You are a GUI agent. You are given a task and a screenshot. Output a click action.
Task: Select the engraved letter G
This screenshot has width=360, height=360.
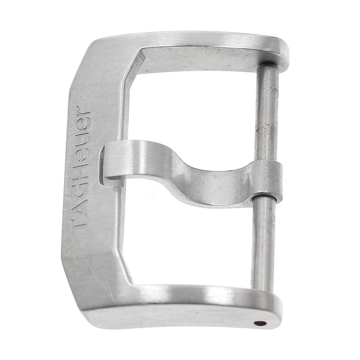80,188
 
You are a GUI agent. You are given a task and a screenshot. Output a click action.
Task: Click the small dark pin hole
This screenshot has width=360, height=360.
260,324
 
